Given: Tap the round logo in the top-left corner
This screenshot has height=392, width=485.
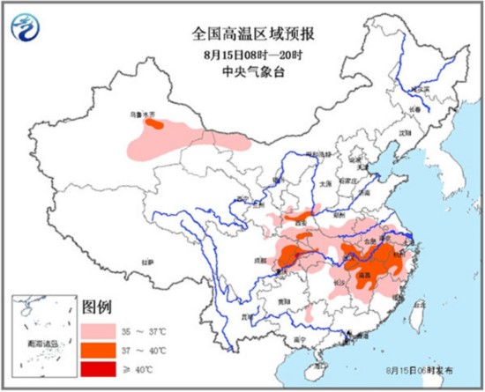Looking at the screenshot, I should point(27,32).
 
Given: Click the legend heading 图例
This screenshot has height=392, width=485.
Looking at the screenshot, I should point(96,308).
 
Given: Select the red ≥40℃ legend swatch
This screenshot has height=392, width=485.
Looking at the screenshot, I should point(100,368).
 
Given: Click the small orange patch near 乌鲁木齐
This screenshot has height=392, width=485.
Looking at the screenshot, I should point(154,125).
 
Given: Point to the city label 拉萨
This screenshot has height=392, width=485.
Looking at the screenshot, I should point(146,262).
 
